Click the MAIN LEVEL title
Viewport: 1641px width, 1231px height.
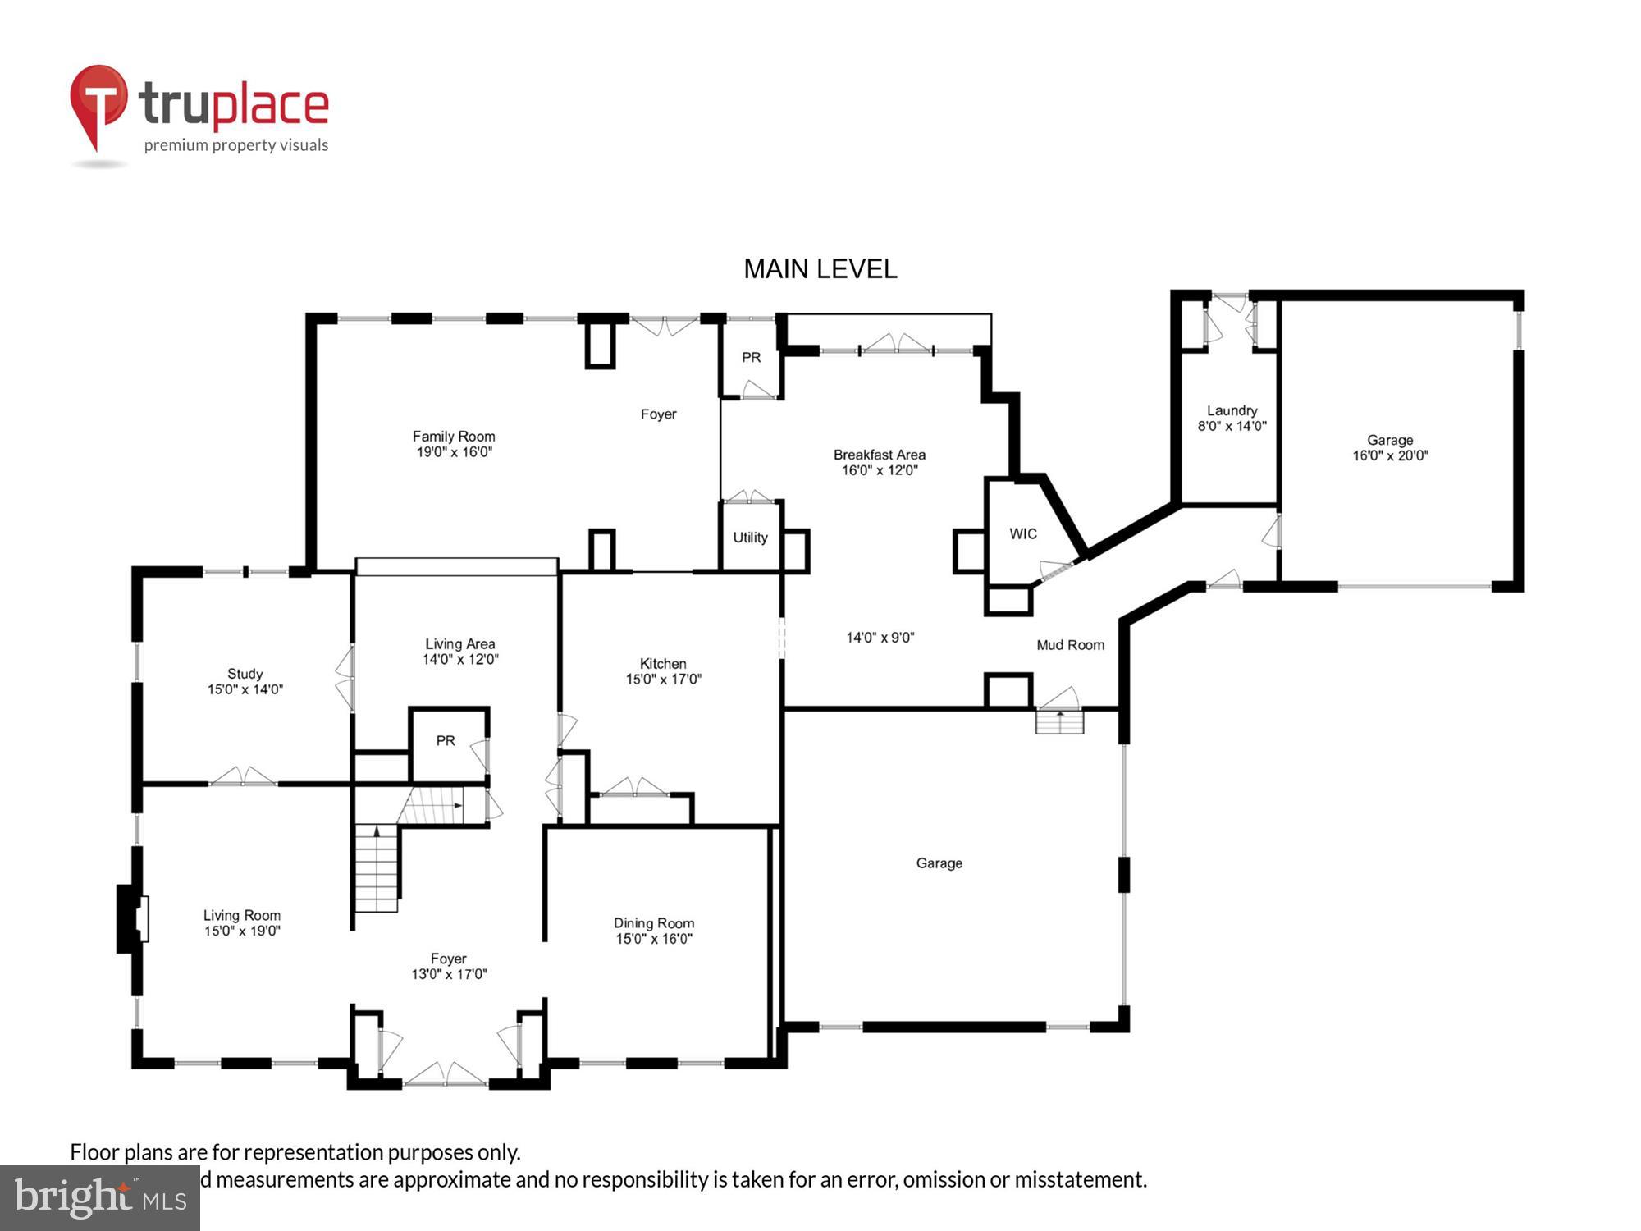pos(820,269)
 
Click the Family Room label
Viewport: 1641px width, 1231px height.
pos(453,437)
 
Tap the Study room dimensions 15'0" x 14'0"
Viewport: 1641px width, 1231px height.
pos(245,689)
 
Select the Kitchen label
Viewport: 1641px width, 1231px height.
pos(663,663)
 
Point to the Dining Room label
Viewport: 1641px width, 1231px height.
pos(654,923)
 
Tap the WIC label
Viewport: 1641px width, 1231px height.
pos(1022,534)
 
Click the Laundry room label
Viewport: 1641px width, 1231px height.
pos(1232,410)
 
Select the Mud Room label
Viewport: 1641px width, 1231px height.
pos(1070,645)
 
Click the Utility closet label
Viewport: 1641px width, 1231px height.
pos(750,538)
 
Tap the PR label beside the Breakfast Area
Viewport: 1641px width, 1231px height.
pos(751,357)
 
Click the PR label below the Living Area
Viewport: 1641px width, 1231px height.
pos(446,741)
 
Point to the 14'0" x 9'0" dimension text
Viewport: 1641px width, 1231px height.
pos(880,638)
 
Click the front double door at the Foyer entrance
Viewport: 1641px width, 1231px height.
pos(446,1075)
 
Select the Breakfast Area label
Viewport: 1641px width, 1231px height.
pos(879,455)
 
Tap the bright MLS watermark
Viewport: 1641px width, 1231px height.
pos(99,1197)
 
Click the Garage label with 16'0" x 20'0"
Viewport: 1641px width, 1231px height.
pos(1389,440)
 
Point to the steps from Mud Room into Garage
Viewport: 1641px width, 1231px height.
pos(1059,721)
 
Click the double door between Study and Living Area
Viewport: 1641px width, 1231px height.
pos(345,678)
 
